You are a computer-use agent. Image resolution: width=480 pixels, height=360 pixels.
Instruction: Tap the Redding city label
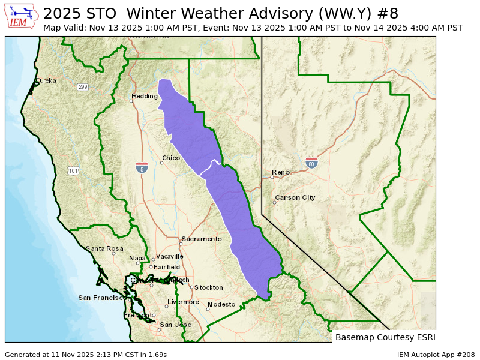pos(145,96)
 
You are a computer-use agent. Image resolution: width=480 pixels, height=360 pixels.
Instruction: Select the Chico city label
pos(171,158)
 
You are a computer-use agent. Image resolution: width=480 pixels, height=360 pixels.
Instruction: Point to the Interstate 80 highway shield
pos(311,163)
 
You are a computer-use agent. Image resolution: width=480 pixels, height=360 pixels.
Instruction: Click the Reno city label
pos(281,172)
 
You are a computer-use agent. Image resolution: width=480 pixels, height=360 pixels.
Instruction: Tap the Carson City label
pos(295,197)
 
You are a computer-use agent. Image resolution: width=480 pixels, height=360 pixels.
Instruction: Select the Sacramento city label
pos(202,239)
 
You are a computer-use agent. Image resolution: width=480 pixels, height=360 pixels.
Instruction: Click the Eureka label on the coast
pos(46,80)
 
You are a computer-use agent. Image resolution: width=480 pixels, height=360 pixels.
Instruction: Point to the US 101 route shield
pos(73,171)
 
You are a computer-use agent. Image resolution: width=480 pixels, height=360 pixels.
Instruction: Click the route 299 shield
pos(82,87)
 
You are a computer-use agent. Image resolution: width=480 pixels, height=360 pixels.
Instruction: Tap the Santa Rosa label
pos(104,248)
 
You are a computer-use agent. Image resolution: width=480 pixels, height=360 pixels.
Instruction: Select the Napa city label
pos(137,258)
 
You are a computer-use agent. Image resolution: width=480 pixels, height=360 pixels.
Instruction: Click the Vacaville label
pos(170,256)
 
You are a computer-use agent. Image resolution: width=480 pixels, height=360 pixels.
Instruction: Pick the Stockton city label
pos(208,287)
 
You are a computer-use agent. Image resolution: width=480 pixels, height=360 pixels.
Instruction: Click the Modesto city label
pos(221,304)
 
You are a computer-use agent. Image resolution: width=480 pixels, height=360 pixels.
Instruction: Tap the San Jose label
pos(175,325)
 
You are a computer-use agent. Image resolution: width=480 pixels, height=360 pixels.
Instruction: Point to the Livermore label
pos(183,302)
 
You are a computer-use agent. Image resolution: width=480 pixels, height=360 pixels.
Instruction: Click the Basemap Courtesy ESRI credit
pos(385,337)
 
